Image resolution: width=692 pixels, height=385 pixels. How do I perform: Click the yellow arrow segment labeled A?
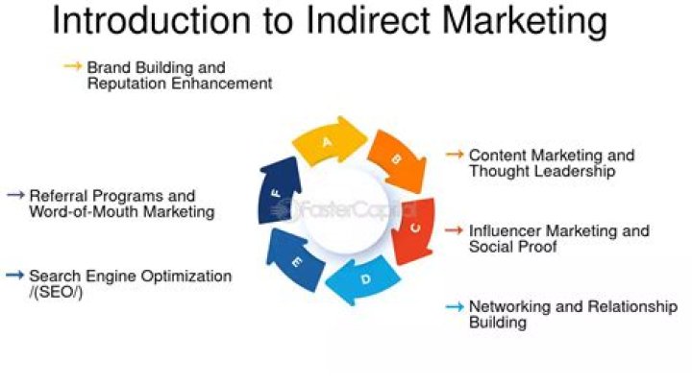[327, 144]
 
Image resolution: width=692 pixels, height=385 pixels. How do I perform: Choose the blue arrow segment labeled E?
[296, 260]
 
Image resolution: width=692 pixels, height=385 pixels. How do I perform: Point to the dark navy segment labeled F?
[278, 194]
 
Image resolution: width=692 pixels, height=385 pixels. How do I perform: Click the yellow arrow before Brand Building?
[73, 67]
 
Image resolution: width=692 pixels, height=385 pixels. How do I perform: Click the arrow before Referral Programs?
[14, 195]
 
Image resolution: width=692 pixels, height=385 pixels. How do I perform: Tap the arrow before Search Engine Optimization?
[14, 276]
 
